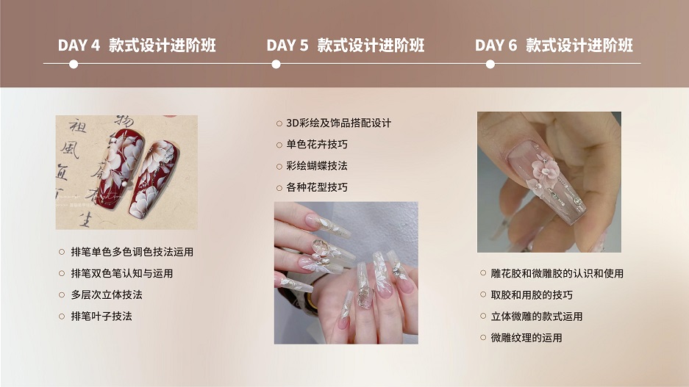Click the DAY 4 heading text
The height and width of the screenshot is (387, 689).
pyautogui.click(x=137, y=46)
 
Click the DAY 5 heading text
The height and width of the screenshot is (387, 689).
pyautogui.click(x=346, y=46)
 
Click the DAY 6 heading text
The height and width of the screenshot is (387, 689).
pyautogui.click(x=554, y=46)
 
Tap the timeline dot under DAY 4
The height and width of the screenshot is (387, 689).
pyautogui.click(x=74, y=65)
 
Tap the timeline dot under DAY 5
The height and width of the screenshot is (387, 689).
pyautogui.click(x=276, y=65)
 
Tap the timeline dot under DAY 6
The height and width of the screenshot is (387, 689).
pyautogui.click(x=490, y=65)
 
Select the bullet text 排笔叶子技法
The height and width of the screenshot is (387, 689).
pyautogui.click(x=101, y=316)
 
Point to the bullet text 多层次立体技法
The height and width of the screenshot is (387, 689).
pyautogui.click(x=107, y=294)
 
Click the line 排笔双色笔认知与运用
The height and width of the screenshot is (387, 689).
pyautogui.click(x=122, y=273)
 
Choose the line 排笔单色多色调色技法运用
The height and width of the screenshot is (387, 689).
pyautogui.click(x=132, y=252)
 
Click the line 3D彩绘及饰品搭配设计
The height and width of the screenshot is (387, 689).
pyautogui.click(x=339, y=123)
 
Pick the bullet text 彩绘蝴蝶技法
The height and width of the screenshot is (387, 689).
pyautogui.click(x=317, y=166)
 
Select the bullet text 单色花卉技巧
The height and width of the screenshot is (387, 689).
pyautogui.click(x=317, y=145)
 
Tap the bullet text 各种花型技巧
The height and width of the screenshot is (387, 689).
pyautogui.click(x=317, y=187)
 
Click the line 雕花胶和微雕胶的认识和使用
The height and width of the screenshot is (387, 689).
pyautogui.click(x=557, y=273)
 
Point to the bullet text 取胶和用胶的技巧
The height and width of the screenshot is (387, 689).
pyautogui.click(x=532, y=295)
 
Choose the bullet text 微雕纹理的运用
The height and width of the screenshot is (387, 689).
pyautogui.click(x=526, y=338)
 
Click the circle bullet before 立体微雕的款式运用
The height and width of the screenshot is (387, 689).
pyautogui.click(x=483, y=316)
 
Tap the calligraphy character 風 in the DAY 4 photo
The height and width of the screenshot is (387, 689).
pyautogui.click(x=70, y=150)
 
